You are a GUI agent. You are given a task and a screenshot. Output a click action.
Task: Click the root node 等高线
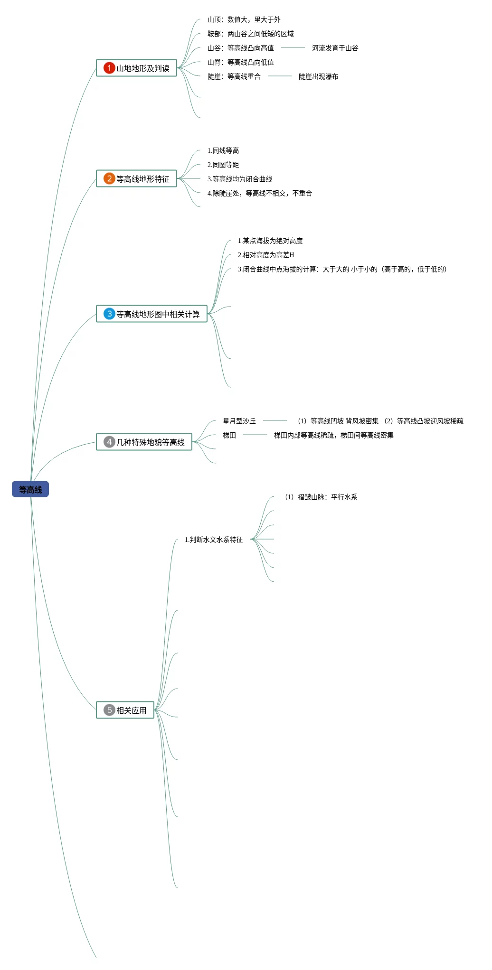pos(30,489)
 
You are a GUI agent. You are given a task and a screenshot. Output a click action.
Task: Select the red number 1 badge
pos(109,68)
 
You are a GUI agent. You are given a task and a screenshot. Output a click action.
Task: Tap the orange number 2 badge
pos(109,178)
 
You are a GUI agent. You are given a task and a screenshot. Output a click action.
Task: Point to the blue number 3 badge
pos(109,314)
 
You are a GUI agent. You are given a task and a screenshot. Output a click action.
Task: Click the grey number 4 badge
pos(109,442)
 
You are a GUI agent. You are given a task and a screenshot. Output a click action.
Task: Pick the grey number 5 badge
pos(109,710)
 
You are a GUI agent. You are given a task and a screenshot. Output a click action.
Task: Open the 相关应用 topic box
pos(131,710)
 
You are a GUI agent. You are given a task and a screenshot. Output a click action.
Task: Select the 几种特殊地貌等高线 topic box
pos(151,442)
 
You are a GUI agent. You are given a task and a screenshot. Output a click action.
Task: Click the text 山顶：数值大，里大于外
pos(244,19)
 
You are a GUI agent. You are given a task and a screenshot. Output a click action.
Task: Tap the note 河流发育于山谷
pos(335,48)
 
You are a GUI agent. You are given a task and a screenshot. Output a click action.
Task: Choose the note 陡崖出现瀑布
pos(318,76)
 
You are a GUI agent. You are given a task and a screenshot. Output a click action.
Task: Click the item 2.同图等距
pos(223,165)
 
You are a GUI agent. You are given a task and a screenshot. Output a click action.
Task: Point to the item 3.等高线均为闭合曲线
pos(240,179)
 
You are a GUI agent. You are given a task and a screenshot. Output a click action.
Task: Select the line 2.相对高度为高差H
pos(266,255)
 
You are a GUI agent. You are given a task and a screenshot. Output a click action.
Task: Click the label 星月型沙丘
pos(239,421)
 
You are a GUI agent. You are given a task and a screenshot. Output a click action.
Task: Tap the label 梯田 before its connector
pos(229,435)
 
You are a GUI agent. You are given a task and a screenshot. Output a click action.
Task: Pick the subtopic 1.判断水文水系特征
pos(214,540)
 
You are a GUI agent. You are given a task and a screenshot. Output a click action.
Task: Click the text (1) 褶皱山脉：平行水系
pos(321,497)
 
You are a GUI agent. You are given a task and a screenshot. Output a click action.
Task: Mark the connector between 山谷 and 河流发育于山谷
pos(293,47)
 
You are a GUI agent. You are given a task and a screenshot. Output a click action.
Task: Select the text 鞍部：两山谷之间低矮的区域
pos(251,34)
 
